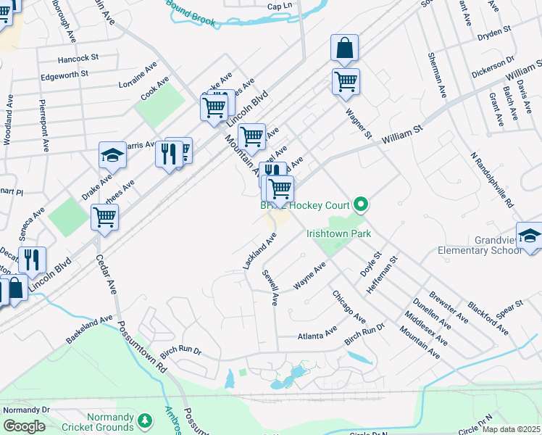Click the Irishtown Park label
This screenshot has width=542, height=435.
(x=338, y=233)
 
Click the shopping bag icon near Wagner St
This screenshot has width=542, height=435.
(x=345, y=49)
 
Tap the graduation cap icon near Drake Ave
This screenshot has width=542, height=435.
(x=112, y=156)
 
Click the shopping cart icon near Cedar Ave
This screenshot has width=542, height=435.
(x=104, y=216)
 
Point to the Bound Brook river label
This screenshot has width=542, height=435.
(x=191, y=13)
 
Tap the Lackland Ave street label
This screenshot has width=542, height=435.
(x=260, y=252)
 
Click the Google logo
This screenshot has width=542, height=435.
(x=24, y=426)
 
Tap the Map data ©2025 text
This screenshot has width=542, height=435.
(x=512, y=429)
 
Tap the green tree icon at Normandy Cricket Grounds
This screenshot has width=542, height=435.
(x=145, y=420)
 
